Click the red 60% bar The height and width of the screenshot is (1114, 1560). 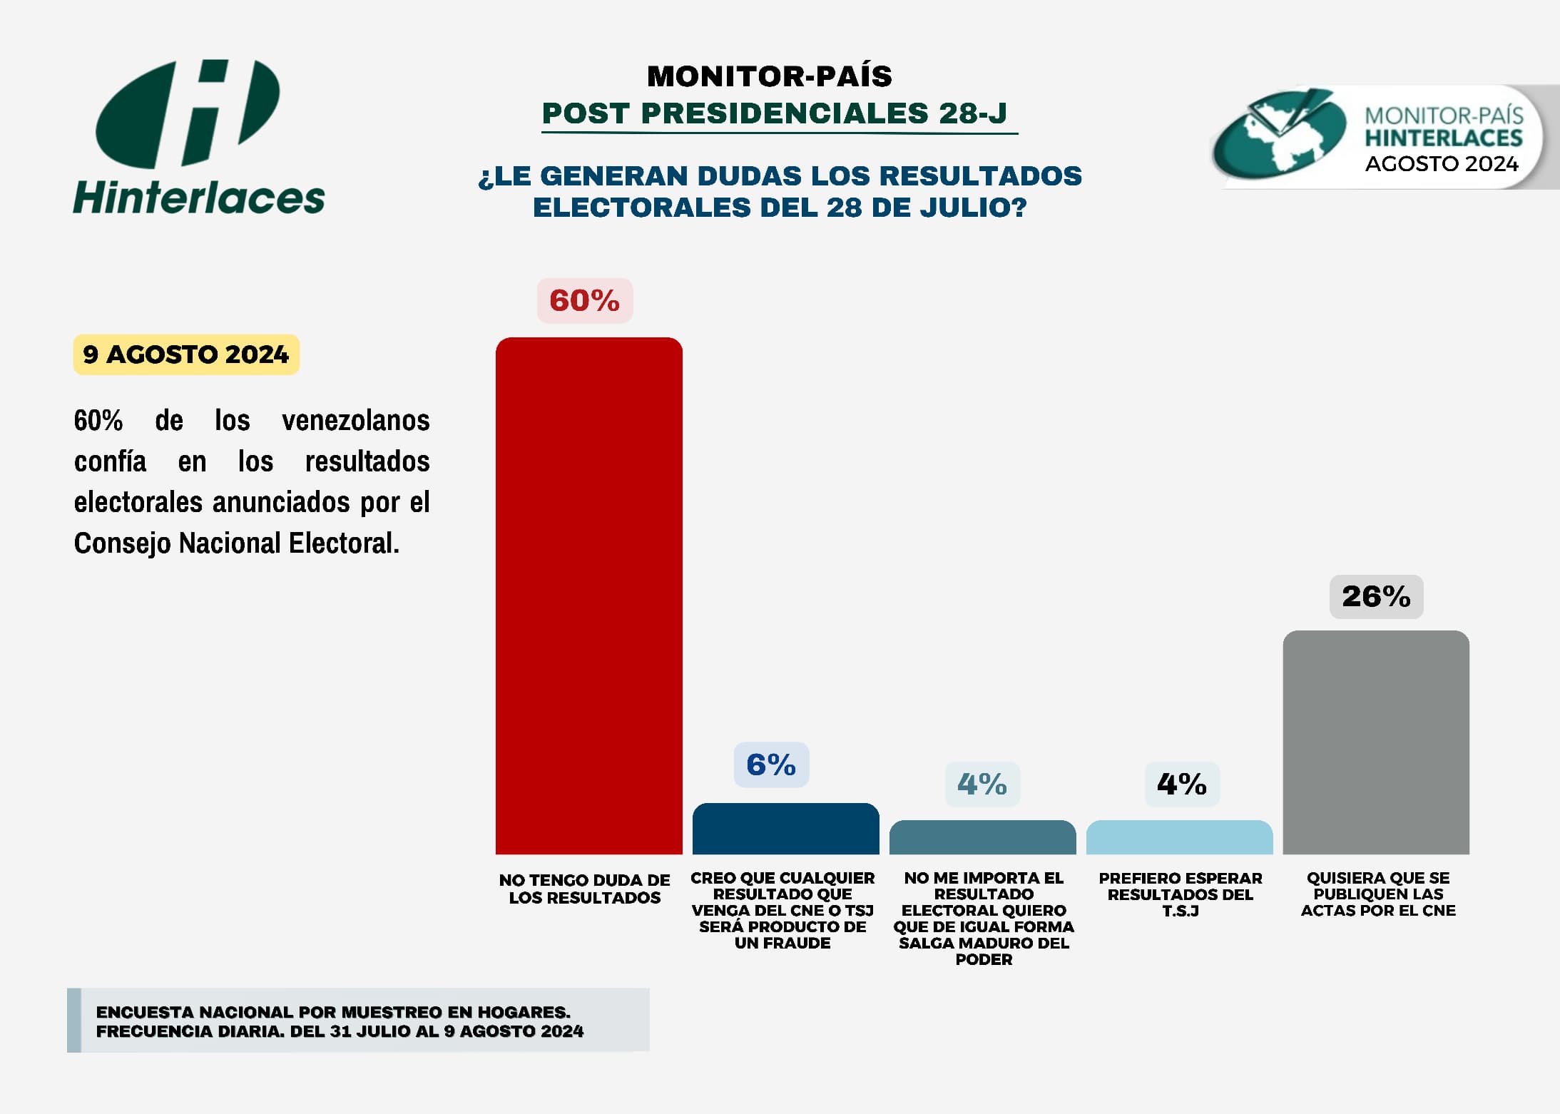point(588,596)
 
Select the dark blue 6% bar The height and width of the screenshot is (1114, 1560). point(785,829)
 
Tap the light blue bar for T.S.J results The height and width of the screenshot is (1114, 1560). point(1179,837)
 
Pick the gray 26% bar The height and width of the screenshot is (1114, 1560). point(1375,742)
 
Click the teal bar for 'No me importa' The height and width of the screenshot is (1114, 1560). point(982,837)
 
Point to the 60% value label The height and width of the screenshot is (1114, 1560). point(584,300)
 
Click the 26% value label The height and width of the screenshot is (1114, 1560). point(1376,596)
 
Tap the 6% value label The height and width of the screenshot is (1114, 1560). point(771,765)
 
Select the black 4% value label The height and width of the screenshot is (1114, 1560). point(1182,784)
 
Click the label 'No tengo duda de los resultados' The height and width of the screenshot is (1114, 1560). point(584,889)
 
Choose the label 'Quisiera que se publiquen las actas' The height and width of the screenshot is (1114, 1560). point(1377,894)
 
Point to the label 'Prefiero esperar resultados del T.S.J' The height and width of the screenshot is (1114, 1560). point(1180,894)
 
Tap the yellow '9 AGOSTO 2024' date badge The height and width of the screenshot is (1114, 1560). point(186,354)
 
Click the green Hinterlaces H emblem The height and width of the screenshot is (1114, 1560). point(188,113)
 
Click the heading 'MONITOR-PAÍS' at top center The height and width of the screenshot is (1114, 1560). point(769,76)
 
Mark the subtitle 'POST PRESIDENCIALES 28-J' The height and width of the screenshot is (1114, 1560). point(775,113)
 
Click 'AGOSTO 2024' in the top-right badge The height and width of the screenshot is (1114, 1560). point(1442,164)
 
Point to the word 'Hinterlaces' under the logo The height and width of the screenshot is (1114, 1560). point(199,198)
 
